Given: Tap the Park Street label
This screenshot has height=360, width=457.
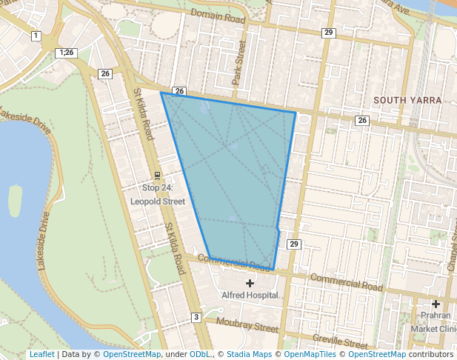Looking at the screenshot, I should (x=238, y=62).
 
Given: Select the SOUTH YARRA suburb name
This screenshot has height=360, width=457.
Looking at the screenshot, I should (x=407, y=100).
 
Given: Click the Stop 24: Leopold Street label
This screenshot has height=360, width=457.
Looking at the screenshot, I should (x=157, y=195).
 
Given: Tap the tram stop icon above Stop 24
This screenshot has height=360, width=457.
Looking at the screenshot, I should (x=157, y=176).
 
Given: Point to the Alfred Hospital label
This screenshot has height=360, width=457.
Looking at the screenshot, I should (x=250, y=295).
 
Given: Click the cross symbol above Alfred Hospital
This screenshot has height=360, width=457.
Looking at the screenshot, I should (x=250, y=283).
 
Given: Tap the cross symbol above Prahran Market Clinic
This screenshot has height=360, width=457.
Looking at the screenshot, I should (x=436, y=304).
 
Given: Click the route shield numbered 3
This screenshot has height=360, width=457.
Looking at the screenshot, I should (x=196, y=317).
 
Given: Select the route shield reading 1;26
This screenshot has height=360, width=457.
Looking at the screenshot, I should (x=66, y=53).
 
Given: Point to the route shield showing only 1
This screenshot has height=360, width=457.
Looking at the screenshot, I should (x=36, y=36).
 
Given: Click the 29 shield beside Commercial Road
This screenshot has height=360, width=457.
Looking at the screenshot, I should (x=294, y=244).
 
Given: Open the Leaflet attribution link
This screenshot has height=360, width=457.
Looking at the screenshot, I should (x=41, y=355).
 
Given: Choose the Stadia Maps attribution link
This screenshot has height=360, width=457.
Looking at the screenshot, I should (x=249, y=355).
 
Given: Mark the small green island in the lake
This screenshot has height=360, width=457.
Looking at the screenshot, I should (x=15, y=200).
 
